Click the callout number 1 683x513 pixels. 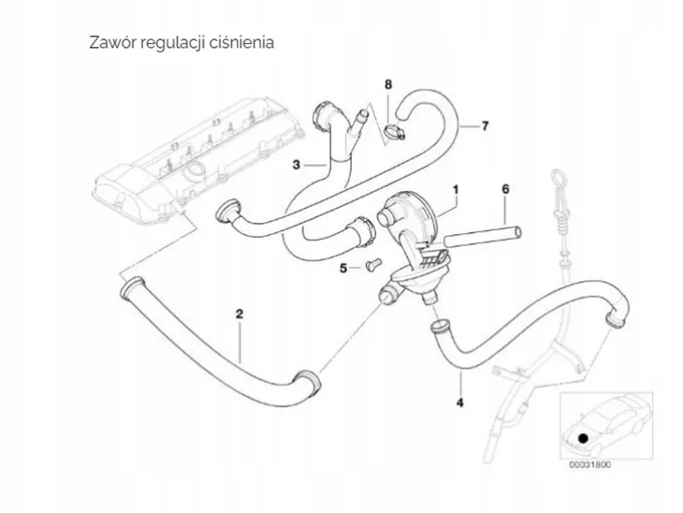coord(456,189)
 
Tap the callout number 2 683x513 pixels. coord(240,315)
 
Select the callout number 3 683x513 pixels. coord(296,165)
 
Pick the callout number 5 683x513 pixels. coord(343,268)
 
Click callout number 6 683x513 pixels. coord(504,189)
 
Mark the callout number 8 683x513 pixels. coord(388,85)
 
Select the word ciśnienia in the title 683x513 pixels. coord(243,43)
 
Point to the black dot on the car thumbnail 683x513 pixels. coord(584,436)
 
